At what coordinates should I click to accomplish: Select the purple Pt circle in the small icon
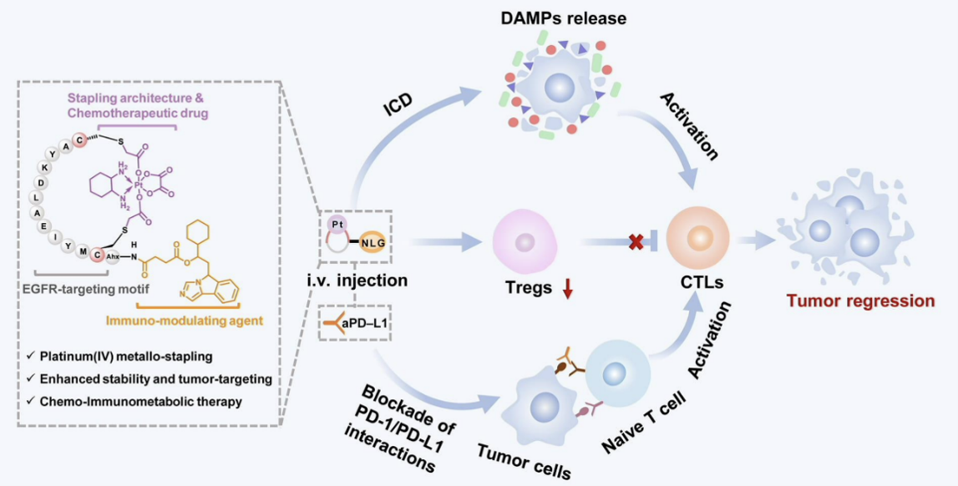[337, 224]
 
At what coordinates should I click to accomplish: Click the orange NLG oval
[373, 244]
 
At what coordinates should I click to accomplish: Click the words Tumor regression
[860, 301]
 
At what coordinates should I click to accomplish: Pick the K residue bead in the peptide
[48, 167]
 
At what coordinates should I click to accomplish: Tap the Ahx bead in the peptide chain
[113, 257]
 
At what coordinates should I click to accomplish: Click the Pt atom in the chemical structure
[139, 182]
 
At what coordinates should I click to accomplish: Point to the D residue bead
[40, 181]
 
